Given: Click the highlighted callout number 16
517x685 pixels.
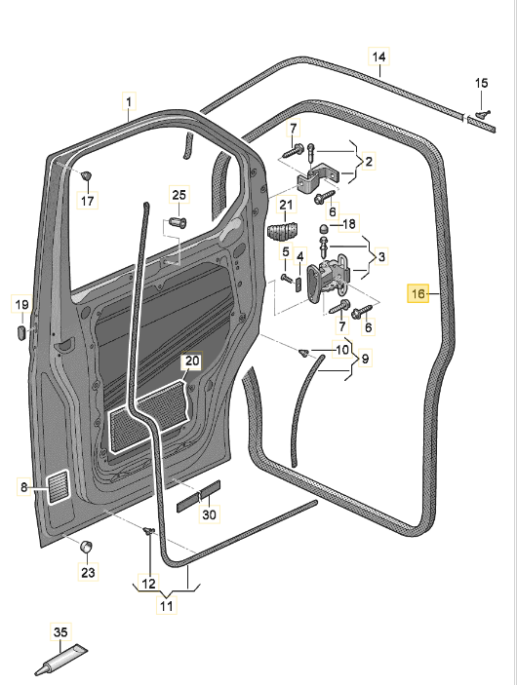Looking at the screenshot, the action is (x=418, y=293).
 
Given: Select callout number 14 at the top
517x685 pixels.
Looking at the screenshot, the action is (x=378, y=57).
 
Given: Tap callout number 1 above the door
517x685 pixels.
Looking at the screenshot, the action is (x=129, y=102).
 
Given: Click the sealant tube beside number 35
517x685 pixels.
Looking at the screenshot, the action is (x=61, y=660).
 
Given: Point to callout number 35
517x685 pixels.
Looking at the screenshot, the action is (x=60, y=631).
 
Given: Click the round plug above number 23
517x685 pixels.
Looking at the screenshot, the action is (x=86, y=546).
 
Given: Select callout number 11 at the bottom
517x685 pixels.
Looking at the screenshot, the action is (x=167, y=606).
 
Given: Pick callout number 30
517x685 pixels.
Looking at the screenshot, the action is (x=209, y=514).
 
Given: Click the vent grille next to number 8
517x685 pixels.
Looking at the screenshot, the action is (x=59, y=487).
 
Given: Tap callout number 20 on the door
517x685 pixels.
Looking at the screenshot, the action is (x=192, y=361).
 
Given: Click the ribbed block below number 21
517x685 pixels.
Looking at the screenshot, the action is (x=281, y=232).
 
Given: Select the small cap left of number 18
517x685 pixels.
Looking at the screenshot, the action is (x=323, y=228).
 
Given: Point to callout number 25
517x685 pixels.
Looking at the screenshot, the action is (x=179, y=195).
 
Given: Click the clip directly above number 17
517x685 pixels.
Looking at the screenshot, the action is (x=87, y=176).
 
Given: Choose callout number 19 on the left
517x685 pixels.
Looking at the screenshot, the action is (x=21, y=304).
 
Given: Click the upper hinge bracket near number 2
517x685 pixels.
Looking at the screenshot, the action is (x=319, y=178).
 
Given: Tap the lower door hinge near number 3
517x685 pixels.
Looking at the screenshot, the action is (x=328, y=279).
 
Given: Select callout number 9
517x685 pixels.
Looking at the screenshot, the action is (x=365, y=359).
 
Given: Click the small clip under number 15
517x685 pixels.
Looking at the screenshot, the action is (x=482, y=114).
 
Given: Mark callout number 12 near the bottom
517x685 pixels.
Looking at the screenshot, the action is (x=148, y=583).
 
